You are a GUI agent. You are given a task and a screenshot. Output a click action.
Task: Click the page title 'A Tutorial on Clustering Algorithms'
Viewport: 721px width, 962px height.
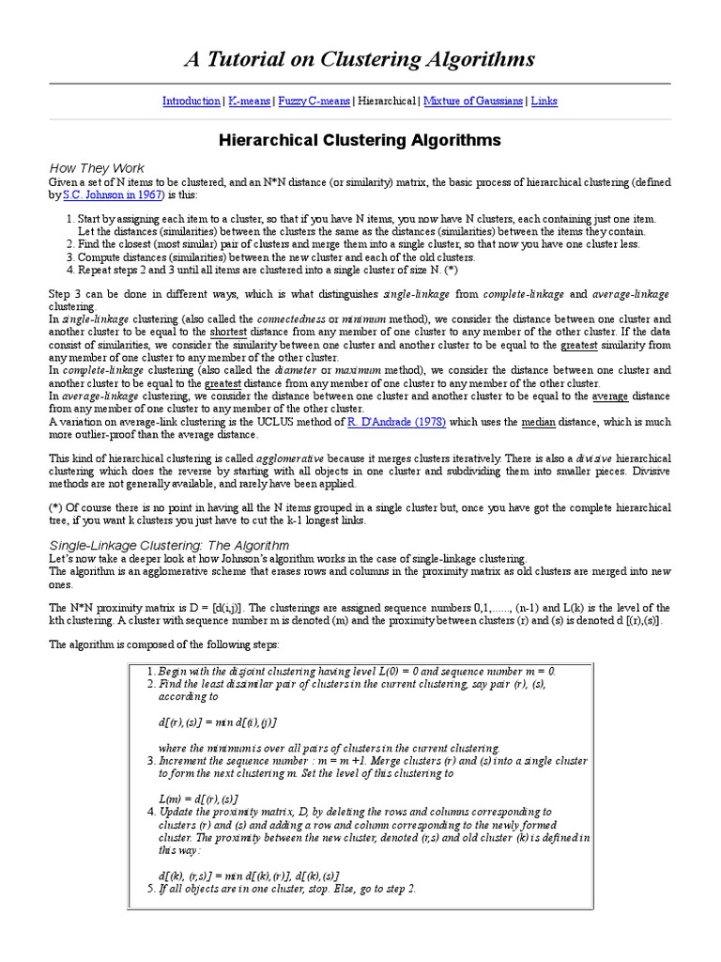coord(360,59)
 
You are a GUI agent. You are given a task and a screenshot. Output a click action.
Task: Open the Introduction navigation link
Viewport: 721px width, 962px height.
coord(191,101)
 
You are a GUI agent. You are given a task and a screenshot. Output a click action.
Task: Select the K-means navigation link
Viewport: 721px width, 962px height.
coord(248,101)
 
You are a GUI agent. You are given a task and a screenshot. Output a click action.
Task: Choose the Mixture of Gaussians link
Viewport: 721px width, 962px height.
coord(473,101)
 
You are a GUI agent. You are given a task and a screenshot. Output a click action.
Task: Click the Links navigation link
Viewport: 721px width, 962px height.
coord(544,101)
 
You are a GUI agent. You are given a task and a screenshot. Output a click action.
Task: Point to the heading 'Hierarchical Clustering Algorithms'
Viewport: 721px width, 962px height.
coord(360,141)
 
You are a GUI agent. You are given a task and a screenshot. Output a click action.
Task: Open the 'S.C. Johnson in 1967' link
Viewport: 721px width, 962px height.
coord(112,194)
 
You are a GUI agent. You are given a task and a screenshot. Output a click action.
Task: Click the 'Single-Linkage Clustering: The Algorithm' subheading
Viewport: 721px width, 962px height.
coord(169,545)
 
